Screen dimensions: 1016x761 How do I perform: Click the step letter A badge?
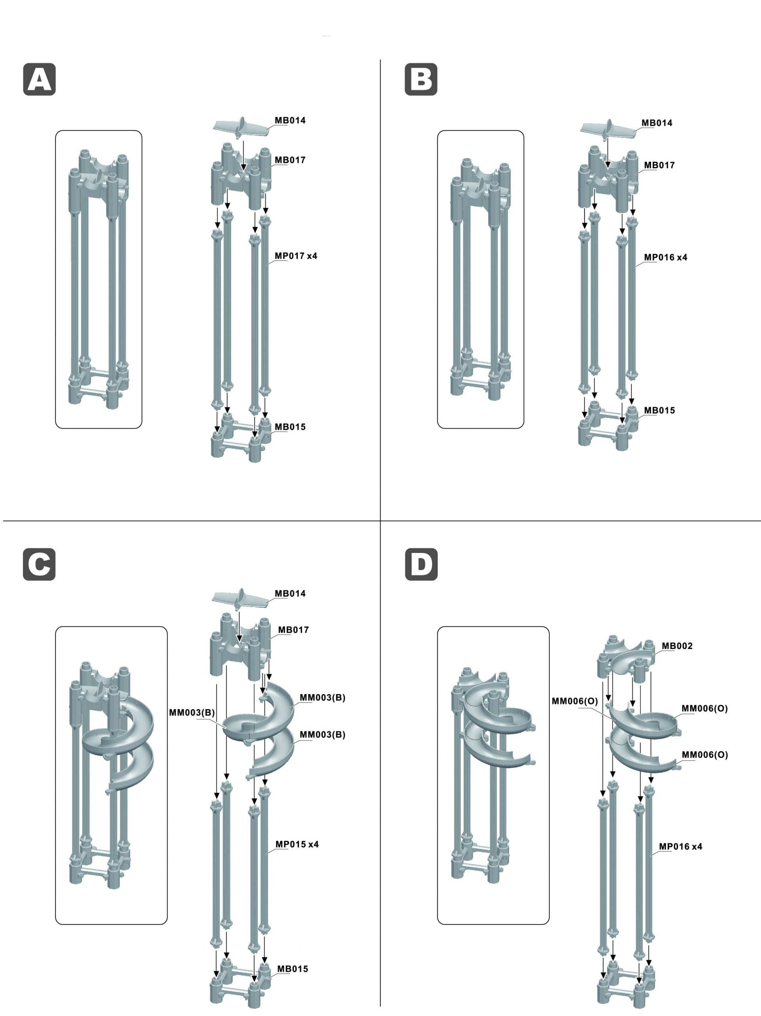40,79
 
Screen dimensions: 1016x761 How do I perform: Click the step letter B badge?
421,79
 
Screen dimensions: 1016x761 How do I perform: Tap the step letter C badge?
40,564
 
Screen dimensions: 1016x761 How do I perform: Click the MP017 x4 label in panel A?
296,256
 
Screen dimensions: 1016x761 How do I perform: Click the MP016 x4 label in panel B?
665,257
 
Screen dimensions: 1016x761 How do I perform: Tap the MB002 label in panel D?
677,646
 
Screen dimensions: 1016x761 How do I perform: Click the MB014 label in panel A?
290,121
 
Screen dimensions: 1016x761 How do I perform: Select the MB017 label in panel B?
659,165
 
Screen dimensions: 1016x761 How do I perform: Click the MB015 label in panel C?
292,969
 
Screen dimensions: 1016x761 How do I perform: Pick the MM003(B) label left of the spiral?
192,712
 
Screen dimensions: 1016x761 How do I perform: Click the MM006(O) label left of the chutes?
575,701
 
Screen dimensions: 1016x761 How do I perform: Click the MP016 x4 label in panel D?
680,846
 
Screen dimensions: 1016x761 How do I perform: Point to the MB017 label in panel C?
293,630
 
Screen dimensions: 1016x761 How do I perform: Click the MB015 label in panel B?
659,410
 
